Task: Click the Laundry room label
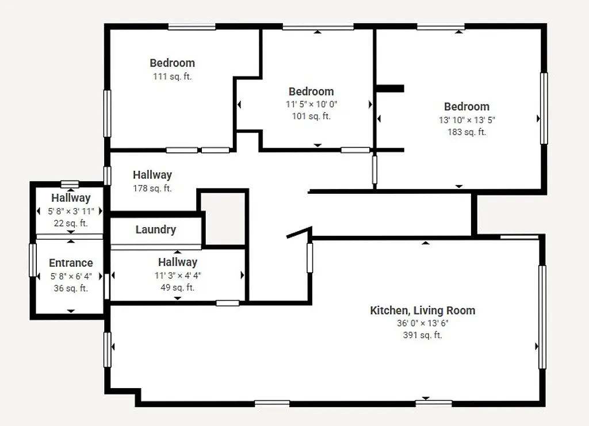[x=155, y=230]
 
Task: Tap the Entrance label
[x=71, y=263]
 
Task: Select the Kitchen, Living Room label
[x=422, y=311]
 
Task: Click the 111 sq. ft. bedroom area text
[x=172, y=76]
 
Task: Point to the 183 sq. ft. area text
[x=466, y=132]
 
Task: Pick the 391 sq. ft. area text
[x=422, y=335]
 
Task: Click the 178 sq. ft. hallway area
[x=152, y=188]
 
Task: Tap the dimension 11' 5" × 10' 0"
[x=311, y=104]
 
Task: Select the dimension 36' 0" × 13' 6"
[x=422, y=323]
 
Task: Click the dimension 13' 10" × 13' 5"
[x=466, y=120]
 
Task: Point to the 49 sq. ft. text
[x=177, y=287]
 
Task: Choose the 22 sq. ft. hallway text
[x=71, y=223]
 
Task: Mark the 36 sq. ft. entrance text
[x=71, y=288]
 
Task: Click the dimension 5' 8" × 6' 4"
[x=71, y=276]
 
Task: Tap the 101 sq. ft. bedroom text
[x=311, y=116]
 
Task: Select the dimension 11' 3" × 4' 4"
[x=177, y=275]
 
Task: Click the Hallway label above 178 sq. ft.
[x=152, y=175]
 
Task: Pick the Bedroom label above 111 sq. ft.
[x=172, y=63]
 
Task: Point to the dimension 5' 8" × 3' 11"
[x=71, y=211]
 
